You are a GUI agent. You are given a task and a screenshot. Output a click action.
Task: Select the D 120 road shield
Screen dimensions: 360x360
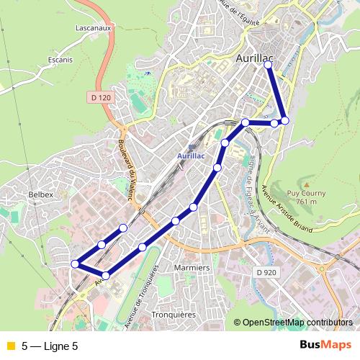103,96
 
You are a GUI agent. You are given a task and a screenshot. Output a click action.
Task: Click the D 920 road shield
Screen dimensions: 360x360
266,272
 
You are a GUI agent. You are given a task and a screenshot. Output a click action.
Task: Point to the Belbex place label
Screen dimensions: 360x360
40,194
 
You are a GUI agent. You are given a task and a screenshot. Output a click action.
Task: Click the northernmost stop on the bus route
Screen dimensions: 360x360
269,65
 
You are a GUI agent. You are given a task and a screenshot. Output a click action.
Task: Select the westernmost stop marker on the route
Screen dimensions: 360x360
75,264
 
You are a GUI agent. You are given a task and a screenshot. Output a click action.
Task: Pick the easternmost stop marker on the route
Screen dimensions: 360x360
285,120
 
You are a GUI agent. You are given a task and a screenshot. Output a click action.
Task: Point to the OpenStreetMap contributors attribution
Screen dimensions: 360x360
297,323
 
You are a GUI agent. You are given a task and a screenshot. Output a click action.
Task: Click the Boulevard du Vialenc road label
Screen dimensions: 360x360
129,168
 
